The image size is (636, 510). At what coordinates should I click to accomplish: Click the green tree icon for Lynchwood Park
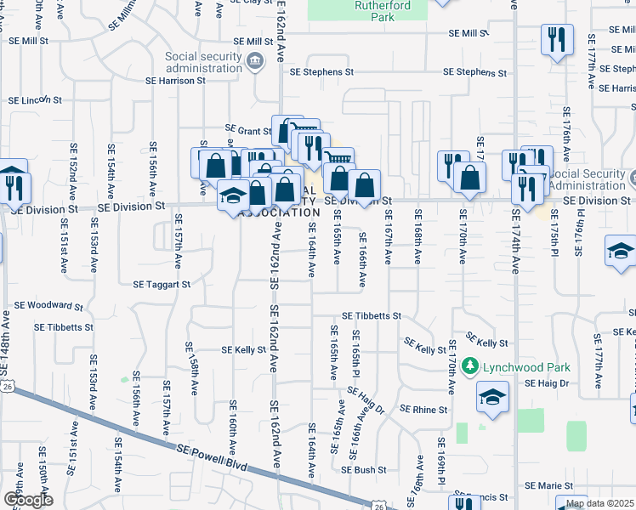click(470, 367)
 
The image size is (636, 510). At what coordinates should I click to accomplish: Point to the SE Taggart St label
click(162, 285)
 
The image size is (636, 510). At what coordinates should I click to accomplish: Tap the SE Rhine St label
click(423, 409)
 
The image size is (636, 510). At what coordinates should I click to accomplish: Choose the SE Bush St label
click(364, 469)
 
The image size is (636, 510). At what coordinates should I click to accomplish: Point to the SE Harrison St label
click(176, 82)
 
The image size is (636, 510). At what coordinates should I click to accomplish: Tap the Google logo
click(28, 500)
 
